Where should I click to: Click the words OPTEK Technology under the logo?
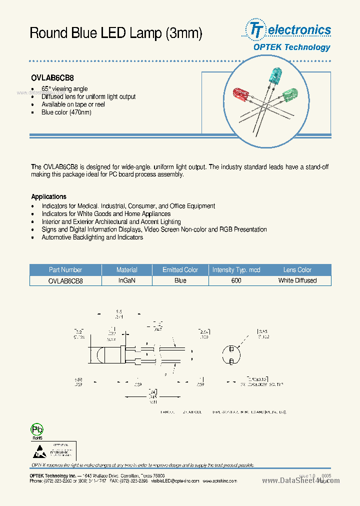[x=291, y=47]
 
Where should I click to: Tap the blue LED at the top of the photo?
[x=274, y=76]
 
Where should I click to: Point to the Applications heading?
[x=48, y=196]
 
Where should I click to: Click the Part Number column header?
[x=65, y=270]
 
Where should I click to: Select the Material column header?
[x=127, y=270]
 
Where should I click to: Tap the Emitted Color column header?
[x=180, y=270]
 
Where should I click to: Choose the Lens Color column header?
[x=297, y=270]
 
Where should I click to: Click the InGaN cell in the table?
[x=127, y=280]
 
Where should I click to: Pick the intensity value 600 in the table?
[x=236, y=280]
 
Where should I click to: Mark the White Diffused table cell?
[x=297, y=280]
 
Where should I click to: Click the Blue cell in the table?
[x=180, y=280]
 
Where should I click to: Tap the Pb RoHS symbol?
[x=37, y=430]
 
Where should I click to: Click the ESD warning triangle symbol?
[x=38, y=451]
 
